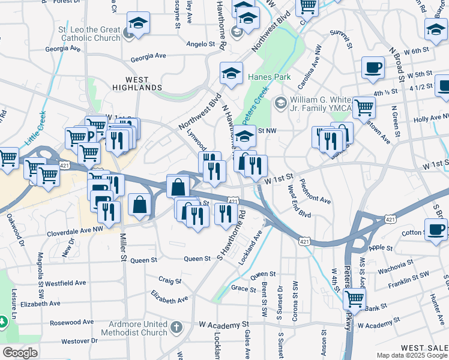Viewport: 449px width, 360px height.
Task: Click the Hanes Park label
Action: [x=270, y=77]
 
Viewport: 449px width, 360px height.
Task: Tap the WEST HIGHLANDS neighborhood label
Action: [x=137, y=83]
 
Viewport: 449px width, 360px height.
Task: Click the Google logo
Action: [x=20, y=353]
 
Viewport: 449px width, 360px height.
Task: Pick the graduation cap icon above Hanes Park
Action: [x=231, y=73]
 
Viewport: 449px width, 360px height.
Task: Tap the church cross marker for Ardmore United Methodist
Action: [x=176, y=328]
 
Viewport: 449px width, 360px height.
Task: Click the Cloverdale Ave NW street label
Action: [x=75, y=229]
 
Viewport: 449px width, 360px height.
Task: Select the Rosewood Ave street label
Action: [x=71, y=322]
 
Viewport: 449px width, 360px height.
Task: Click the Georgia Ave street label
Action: [x=148, y=56]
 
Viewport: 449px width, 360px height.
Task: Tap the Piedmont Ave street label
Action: [x=315, y=191]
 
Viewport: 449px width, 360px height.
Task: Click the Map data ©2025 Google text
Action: [x=411, y=355]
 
